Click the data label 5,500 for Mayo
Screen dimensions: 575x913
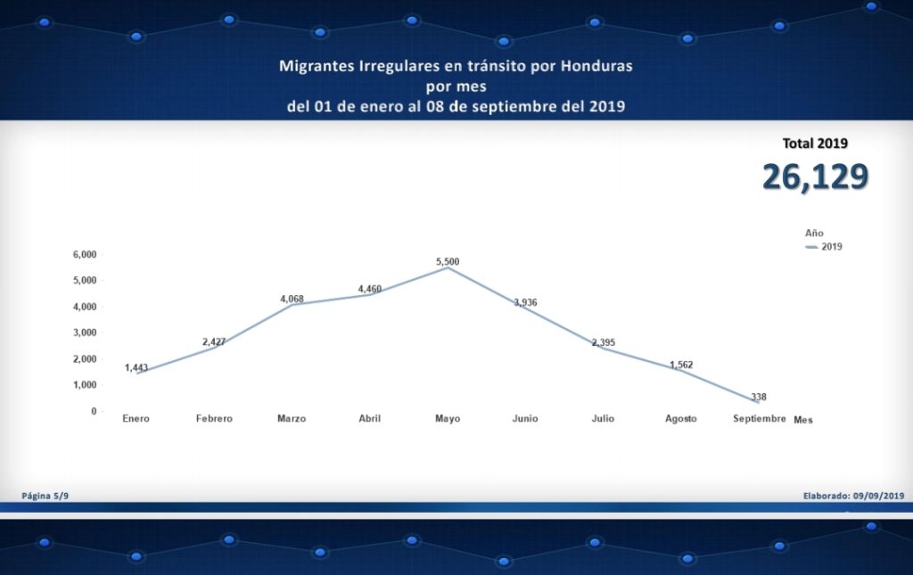[x=448, y=261]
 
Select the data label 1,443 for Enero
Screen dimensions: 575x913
[x=136, y=367]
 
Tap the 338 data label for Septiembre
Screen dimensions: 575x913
[x=759, y=397]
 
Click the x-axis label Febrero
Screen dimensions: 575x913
[x=214, y=418]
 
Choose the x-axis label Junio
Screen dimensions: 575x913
[x=525, y=418]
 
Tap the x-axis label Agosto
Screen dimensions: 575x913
[x=681, y=418]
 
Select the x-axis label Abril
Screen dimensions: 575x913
[x=370, y=418]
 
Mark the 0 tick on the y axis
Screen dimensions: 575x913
[x=93, y=411]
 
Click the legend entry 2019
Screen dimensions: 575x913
[x=832, y=246]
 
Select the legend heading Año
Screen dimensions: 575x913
[x=814, y=232]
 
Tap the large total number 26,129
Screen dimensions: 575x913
[x=815, y=177]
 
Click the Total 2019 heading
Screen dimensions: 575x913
[x=815, y=143]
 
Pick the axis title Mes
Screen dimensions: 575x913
[x=803, y=420]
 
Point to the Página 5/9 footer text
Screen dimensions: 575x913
[x=45, y=495]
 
